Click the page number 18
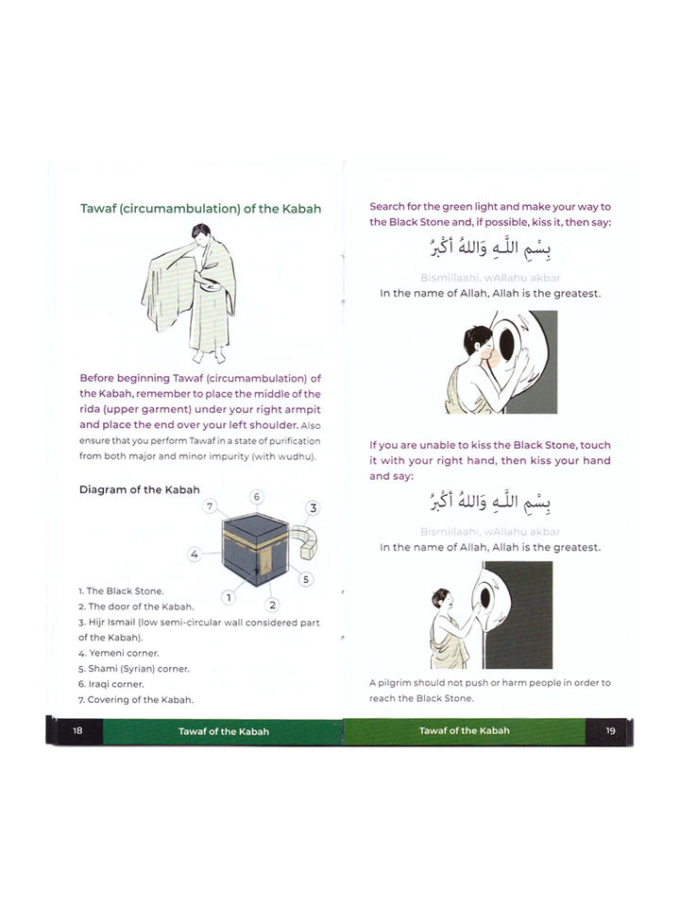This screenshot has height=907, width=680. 77,731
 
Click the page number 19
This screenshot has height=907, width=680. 610,730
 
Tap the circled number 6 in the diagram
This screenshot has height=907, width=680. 256,497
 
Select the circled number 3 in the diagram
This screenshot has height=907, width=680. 313,508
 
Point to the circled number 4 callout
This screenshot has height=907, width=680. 194,555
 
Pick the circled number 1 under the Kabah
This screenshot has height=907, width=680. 229,596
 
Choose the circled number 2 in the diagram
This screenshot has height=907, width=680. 272,605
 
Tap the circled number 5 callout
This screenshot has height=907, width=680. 307,578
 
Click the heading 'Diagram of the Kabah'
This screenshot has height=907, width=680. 139,488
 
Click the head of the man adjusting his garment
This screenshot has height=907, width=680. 200,232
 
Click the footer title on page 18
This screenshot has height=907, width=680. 223,731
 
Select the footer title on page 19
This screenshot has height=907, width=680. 464,730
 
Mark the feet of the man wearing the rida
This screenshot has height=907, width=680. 210,357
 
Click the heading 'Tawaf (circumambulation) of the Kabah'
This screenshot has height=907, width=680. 200,208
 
